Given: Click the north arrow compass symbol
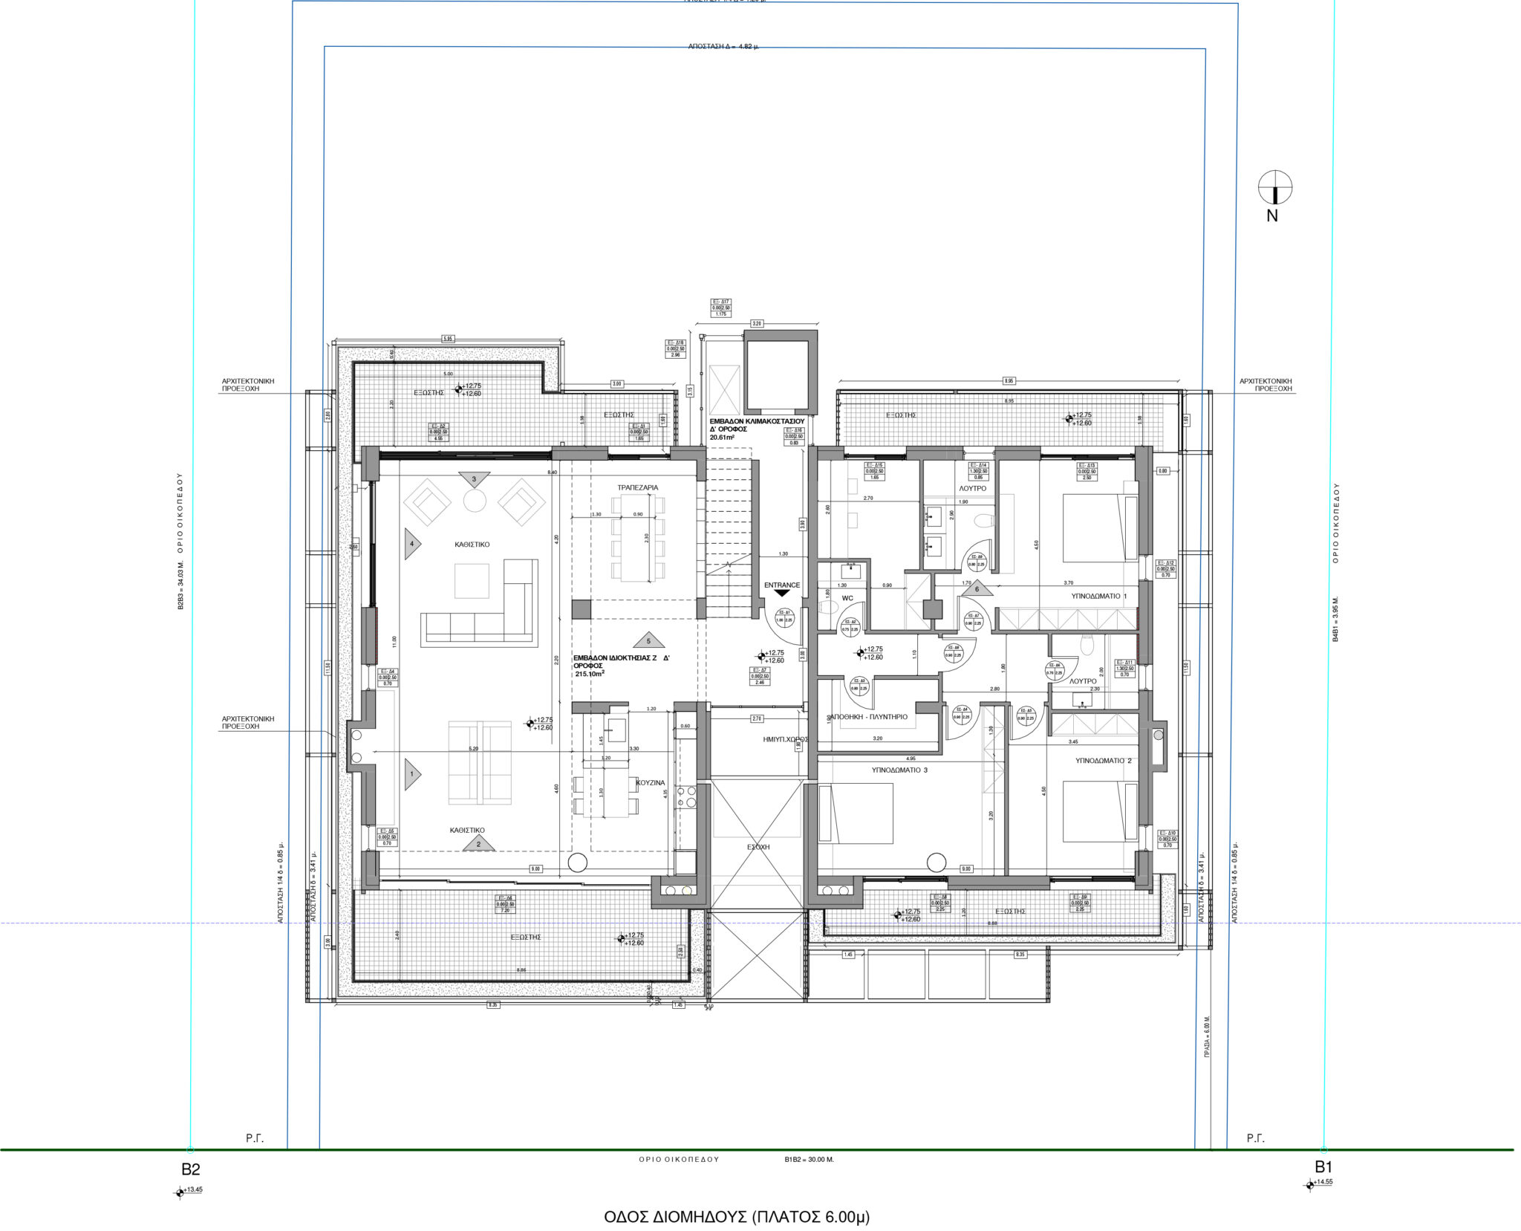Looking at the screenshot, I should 1275,187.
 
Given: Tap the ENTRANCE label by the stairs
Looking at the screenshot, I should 782,585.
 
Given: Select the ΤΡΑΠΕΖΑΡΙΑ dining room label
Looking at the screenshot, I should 637,487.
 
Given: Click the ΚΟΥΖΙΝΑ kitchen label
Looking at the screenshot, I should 651,782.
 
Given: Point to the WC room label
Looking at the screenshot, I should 847,597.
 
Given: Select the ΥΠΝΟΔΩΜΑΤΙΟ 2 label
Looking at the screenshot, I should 1104,761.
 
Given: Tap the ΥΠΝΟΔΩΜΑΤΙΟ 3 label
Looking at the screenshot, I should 899,770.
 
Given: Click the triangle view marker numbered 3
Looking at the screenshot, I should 474,479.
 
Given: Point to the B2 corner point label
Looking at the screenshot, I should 191,1169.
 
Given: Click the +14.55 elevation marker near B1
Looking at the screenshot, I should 1321,1181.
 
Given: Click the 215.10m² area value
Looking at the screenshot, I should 590,674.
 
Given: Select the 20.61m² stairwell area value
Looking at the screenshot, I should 722,438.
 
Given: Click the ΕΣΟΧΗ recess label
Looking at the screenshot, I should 758,847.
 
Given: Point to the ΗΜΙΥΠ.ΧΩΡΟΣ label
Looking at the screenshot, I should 785,740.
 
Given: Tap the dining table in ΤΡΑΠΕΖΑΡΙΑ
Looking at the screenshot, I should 637,539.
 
